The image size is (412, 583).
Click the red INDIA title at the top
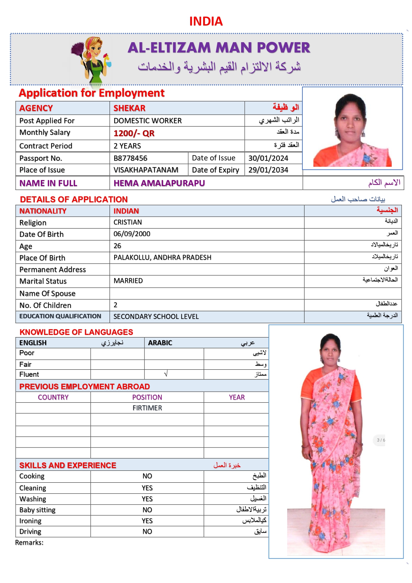point(206,21)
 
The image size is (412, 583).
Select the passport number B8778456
point(130,158)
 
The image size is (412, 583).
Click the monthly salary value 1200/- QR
point(134,133)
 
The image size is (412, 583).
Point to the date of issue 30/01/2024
point(268,158)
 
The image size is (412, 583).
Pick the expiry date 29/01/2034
point(268,170)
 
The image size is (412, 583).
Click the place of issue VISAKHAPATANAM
point(146,170)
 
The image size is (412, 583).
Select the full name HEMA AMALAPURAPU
point(159,183)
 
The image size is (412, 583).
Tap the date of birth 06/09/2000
point(132,234)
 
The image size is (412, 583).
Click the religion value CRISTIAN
point(127,222)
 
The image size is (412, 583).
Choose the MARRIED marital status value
point(128,281)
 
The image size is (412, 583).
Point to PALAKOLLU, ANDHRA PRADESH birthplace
point(162,257)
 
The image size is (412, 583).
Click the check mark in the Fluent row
point(166,374)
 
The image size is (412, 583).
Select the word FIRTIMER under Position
point(147,408)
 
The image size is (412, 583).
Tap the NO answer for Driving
point(147,532)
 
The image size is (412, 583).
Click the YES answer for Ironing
point(147,521)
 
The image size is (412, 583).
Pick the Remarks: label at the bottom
point(29,542)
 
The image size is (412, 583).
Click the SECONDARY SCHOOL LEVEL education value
point(156,317)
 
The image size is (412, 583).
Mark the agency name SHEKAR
point(129,108)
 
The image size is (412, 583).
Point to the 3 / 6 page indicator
point(381,440)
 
